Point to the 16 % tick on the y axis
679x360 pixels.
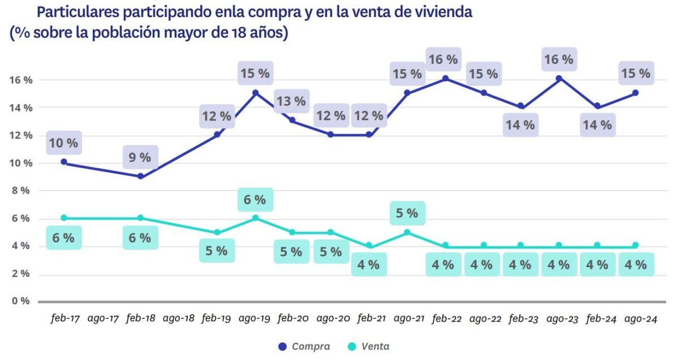pyautogui.click(x=20, y=80)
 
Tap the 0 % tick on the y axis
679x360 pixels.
pyautogui.click(x=20, y=301)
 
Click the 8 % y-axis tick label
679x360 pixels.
pyautogui.click(x=20, y=190)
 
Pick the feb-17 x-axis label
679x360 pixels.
pyautogui.click(x=65, y=319)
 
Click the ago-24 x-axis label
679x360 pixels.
pyautogui.click(x=640, y=319)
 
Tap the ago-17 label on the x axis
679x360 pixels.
pyautogui.click(x=103, y=319)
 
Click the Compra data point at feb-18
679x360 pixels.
pyautogui.click(x=140, y=176)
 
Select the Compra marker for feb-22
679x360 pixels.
pyautogui.click(x=445, y=79)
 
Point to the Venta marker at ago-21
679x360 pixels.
pyautogui.click(x=407, y=232)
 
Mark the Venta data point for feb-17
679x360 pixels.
pyautogui.click(x=64, y=218)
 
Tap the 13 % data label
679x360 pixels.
pyautogui.click(x=292, y=101)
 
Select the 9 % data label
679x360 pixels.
pyautogui.click(x=140, y=157)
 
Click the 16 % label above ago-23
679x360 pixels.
pyautogui.click(x=558, y=59)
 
